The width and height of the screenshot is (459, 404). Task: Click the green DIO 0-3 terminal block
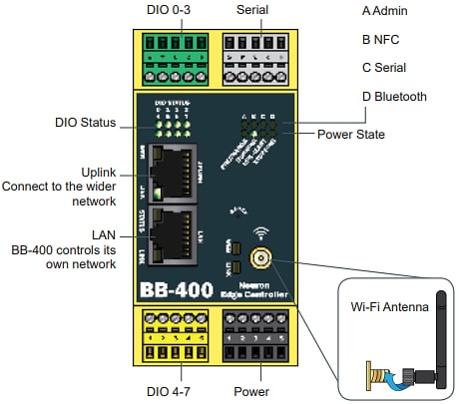(173, 56)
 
